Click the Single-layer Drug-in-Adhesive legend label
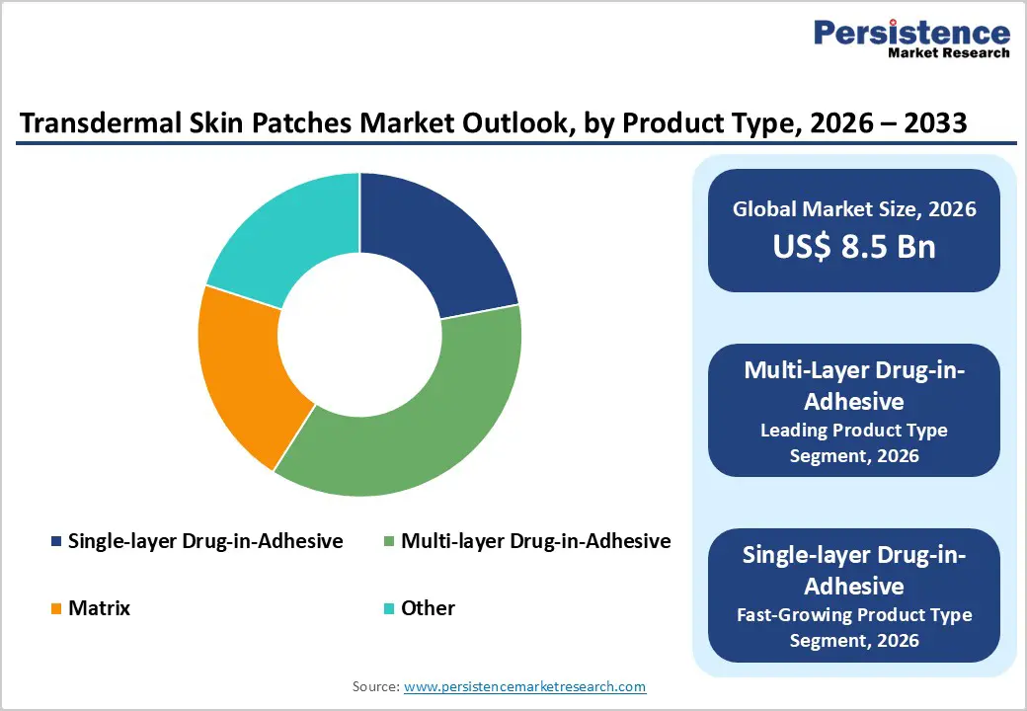(x=205, y=541)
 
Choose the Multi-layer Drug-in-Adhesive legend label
(x=535, y=541)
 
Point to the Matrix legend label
(x=99, y=608)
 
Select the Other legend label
(x=428, y=608)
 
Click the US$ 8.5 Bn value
(x=854, y=246)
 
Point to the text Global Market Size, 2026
(x=854, y=208)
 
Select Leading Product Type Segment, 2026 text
(x=854, y=442)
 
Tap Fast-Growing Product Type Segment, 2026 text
(x=854, y=627)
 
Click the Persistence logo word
(x=911, y=33)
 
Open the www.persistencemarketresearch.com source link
(x=525, y=686)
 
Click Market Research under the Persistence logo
(x=948, y=53)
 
